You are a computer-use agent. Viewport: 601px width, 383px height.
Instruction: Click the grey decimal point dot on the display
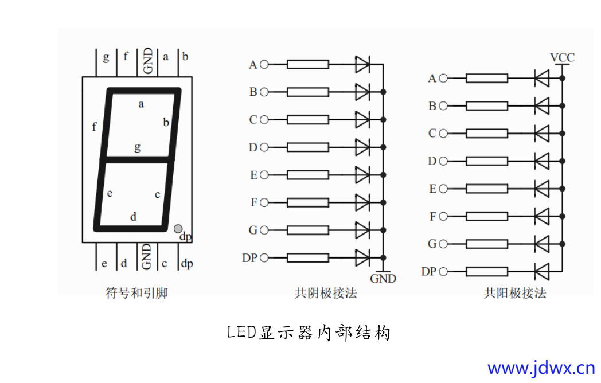(178, 229)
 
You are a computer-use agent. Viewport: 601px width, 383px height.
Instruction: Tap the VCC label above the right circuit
(562, 58)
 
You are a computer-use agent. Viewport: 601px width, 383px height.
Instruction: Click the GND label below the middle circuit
(383, 279)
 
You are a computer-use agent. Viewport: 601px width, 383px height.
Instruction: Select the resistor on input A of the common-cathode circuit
(308, 64)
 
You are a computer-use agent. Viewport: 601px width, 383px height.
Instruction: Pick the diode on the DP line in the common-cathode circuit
(362, 257)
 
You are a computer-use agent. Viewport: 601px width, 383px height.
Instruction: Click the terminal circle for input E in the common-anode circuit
(443, 189)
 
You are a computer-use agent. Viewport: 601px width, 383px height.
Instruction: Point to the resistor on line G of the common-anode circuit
(487, 244)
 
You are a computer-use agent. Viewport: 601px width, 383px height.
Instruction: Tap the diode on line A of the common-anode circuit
(541, 78)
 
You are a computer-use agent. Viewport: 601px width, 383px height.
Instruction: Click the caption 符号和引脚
(137, 294)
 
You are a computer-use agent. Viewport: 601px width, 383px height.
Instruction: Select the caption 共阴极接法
(326, 294)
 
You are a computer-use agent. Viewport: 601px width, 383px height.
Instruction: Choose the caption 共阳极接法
(515, 294)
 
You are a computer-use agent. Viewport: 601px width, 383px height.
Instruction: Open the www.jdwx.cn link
(541, 368)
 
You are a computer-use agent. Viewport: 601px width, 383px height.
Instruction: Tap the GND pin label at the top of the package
(148, 60)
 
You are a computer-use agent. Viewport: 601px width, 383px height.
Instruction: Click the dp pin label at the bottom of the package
(187, 264)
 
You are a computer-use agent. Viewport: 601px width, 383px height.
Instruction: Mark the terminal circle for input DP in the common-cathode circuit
(264, 258)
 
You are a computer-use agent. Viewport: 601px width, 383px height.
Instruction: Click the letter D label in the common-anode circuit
(432, 161)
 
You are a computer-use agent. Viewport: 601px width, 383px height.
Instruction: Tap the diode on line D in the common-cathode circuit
(362, 147)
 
